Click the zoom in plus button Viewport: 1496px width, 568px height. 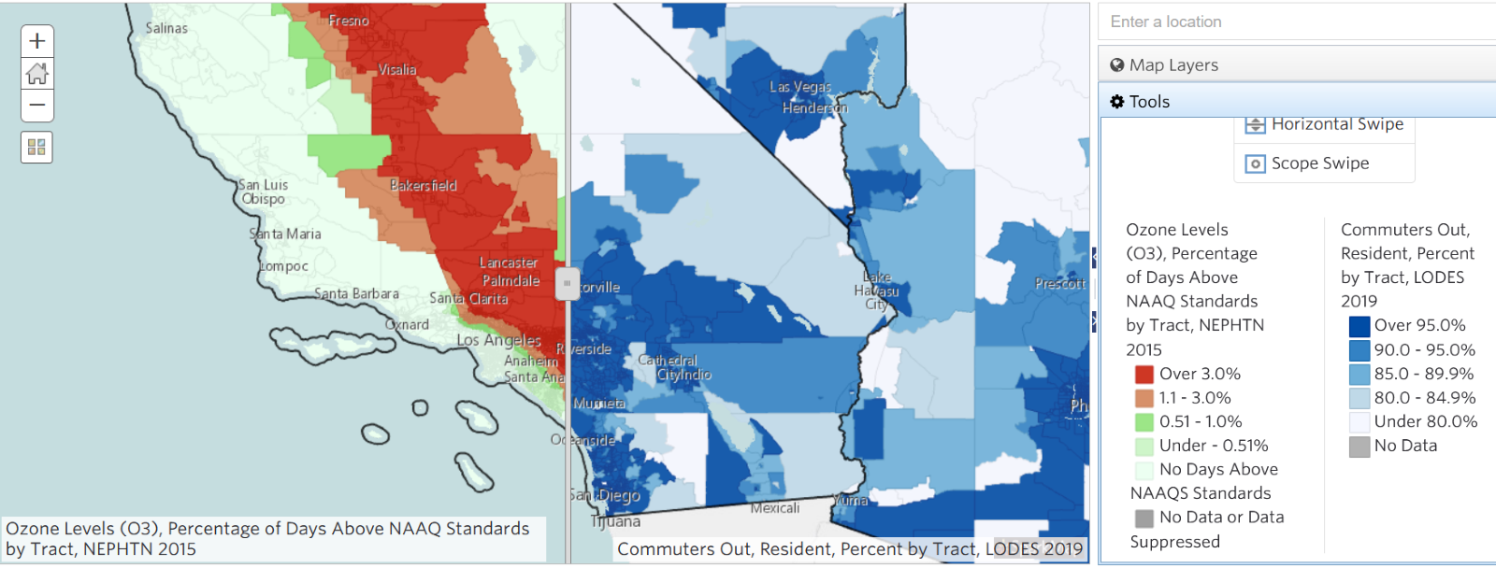click(x=37, y=41)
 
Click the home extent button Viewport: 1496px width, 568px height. click(x=37, y=73)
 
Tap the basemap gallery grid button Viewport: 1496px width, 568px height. click(x=36, y=147)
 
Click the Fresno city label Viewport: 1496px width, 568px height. click(x=348, y=21)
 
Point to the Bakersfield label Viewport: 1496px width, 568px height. click(x=423, y=186)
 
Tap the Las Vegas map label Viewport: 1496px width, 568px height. click(x=800, y=87)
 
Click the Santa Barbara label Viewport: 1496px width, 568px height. click(x=356, y=293)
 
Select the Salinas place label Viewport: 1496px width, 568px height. click(x=166, y=28)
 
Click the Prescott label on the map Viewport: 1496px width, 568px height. click(x=1059, y=283)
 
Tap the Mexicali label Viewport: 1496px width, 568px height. click(x=774, y=508)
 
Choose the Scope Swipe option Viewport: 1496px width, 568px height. click(x=1319, y=163)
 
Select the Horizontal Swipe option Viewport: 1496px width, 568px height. click(x=1336, y=124)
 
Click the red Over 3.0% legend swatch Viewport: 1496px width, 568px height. click(x=1144, y=374)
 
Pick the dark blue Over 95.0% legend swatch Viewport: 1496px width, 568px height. click(x=1359, y=326)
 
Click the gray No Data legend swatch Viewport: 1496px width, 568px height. click(x=1359, y=447)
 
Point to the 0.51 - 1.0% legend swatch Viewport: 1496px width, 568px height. click(x=1144, y=422)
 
